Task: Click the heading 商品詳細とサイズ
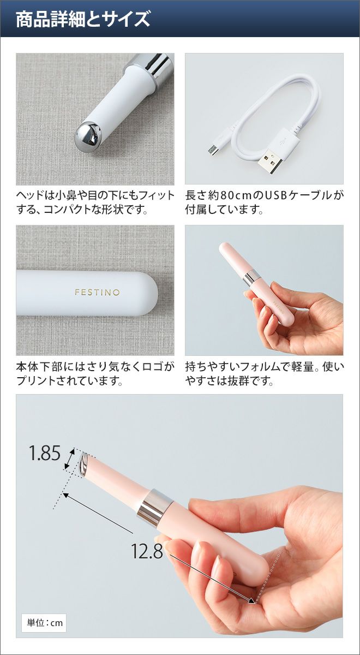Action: pyautogui.click(x=83, y=19)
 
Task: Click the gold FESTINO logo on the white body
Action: pyautogui.click(x=97, y=292)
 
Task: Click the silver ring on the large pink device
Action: pyautogui.click(x=155, y=506)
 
